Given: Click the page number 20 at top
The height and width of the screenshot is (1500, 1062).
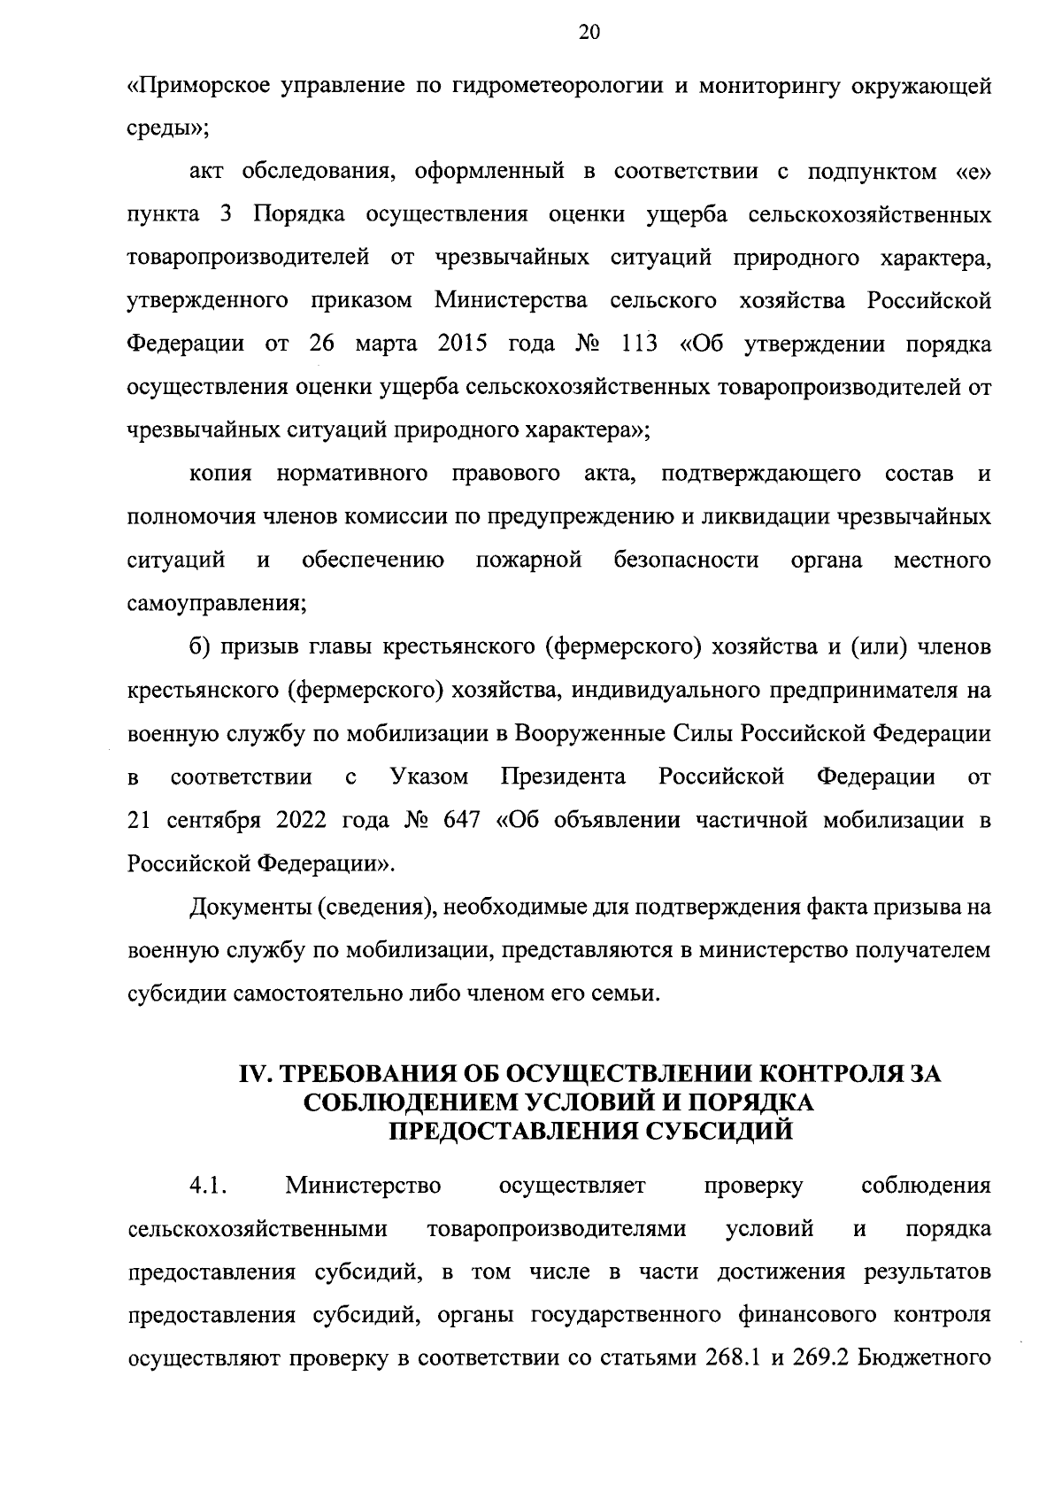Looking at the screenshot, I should [x=589, y=33].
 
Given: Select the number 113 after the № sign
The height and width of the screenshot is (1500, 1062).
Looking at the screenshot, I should [x=638, y=344].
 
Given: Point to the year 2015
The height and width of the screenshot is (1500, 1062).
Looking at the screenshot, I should [x=463, y=344].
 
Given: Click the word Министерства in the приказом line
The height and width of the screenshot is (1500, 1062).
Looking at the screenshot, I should [x=511, y=300].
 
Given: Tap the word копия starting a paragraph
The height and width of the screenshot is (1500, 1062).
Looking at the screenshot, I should [x=221, y=474].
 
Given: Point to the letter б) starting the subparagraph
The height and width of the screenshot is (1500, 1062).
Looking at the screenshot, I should [x=199, y=647].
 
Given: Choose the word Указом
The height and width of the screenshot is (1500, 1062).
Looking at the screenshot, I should [x=428, y=777].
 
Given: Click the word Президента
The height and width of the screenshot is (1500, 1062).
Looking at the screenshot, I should [x=563, y=777].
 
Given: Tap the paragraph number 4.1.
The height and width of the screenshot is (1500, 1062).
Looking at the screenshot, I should [x=209, y=1186].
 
